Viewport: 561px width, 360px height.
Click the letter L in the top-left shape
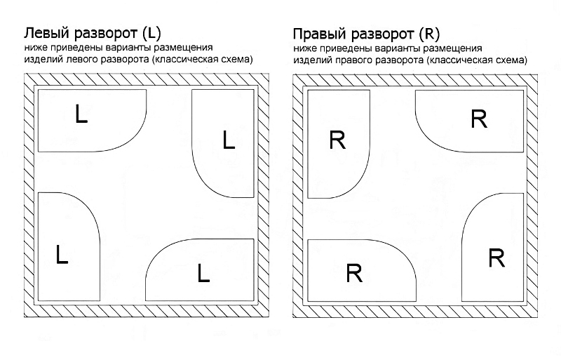coord(81,114)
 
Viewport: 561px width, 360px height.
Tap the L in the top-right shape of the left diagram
coord(228,141)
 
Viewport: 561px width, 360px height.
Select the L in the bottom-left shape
coord(62,255)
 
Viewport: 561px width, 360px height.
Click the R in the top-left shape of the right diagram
coord(337,140)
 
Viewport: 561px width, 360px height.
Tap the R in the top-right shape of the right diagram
coord(479,119)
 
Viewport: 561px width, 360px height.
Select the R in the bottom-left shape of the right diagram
coord(355,272)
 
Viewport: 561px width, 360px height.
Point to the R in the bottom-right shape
coord(496,258)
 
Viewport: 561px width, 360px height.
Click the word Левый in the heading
coord(46,34)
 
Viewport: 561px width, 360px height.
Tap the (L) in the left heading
coord(151,34)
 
